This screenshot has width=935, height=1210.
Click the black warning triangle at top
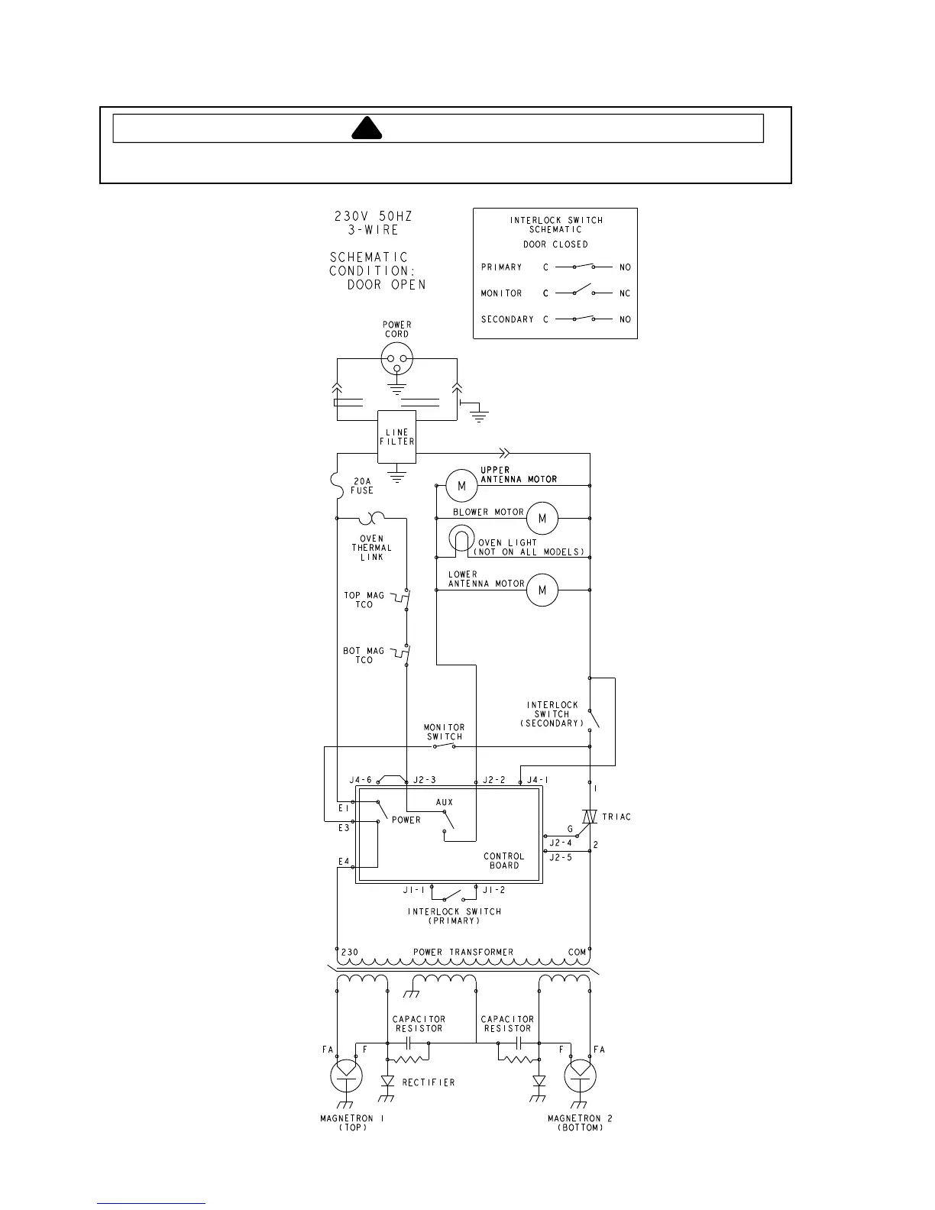367,129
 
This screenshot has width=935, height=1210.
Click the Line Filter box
396,437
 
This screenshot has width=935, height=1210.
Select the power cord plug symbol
396,359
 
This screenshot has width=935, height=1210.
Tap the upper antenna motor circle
461,486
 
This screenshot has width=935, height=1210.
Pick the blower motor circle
542,519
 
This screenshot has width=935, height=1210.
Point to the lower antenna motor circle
542,590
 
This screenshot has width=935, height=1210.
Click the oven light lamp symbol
461,539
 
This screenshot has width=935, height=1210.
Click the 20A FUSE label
362,486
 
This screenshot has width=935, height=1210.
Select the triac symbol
589,817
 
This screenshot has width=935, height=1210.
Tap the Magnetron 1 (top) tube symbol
347,1076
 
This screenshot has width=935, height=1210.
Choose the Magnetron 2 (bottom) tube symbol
580,1076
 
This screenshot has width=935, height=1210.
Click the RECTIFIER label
429,1082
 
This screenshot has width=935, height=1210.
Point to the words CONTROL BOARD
504,861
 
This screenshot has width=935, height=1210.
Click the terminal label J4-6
361,780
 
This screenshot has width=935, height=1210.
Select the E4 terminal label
344,862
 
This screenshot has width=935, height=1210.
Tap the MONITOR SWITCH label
445,732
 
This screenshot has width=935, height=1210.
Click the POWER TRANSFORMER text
463,952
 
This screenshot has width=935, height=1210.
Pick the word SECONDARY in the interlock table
507,319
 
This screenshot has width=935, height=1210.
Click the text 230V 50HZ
374,216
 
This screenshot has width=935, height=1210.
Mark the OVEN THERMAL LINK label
372,548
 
